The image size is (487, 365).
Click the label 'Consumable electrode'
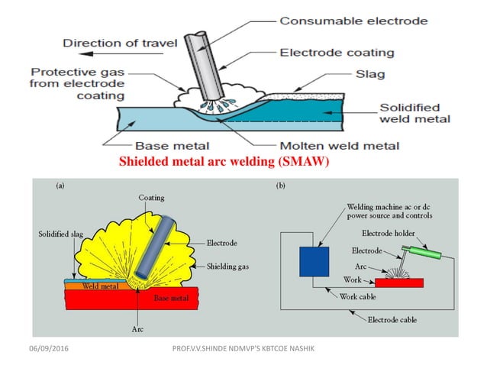pos(353,21)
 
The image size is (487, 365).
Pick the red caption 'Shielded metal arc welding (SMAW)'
pos(223,162)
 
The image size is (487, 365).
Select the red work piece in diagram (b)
pos(398,283)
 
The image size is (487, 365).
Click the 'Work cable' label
pos(358,296)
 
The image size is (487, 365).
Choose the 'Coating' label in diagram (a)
pos(151,198)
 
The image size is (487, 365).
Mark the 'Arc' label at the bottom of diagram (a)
pos(131,329)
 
